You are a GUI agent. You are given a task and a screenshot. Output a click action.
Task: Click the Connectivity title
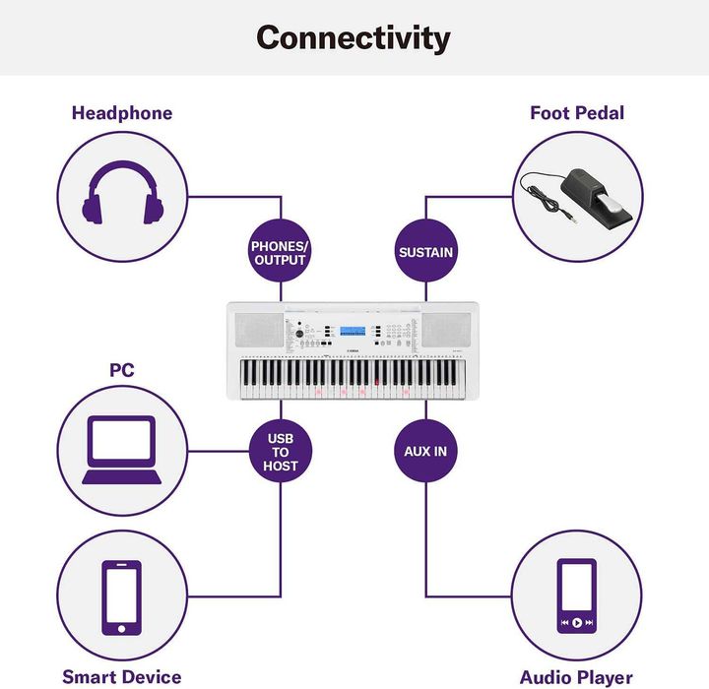click(354, 38)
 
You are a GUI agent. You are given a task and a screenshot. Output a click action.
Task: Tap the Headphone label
click(122, 113)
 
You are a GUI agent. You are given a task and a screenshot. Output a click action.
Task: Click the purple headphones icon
click(122, 192)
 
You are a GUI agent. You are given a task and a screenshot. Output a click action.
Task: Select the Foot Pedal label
click(577, 113)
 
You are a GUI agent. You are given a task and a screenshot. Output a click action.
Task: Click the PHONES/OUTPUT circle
click(281, 252)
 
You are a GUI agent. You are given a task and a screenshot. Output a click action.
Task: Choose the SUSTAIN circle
click(425, 252)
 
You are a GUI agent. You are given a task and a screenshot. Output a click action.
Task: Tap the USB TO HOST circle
click(281, 451)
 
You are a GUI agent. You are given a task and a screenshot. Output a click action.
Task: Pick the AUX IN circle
click(425, 451)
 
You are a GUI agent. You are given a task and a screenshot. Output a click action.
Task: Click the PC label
click(122, 370)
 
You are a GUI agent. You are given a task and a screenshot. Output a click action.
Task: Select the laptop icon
click(122, 450)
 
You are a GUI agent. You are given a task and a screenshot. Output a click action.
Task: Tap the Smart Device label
click(122, 677)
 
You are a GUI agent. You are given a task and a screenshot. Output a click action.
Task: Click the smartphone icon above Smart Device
click(122, 597)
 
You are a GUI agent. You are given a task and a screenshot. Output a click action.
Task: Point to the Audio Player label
click(576, 677)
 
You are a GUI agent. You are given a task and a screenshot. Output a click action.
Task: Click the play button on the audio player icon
click(577, 622)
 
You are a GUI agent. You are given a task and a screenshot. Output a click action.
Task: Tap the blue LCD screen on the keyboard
click(353, 331)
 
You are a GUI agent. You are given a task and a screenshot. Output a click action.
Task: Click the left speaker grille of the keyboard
click(259, 330)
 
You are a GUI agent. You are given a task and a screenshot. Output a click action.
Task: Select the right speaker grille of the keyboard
click(446, 330)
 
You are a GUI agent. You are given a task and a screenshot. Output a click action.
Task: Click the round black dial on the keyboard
click(299, 334)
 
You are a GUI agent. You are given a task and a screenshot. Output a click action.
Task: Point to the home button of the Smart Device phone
click(121, 629)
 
